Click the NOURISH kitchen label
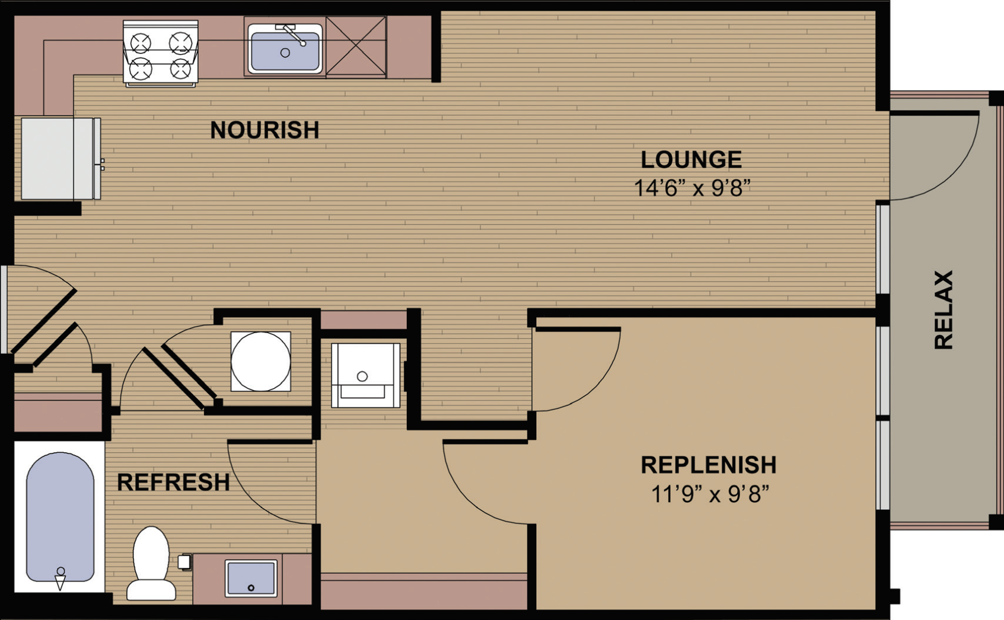pyautogui.click(x=264, y=130)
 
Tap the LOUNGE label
pyautogui.click(x=691, y=159)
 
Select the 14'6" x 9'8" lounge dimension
pyautogui.click(x=692, y=188)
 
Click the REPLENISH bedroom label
pyautogui.click(x=709, y=465)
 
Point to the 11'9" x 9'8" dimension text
pyautogui.click(x=709, y=494)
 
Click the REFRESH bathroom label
pyautogui.click(x=173, y=482)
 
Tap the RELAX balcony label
pyautogui.click(x=944, y=309)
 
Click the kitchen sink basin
pyautogui.click(x=285, y=49)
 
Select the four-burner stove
pyautogui.click(x=161, y=53)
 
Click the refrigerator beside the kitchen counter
pyautogui.click(x=61, y=159)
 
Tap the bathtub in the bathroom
pyautogui.click(x=60, y=516)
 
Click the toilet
pyautogui.click(x=151, y=564)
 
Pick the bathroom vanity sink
pyautogui.click(x=251, y=579)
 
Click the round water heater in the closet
pyautogui.click(x=260, y=362)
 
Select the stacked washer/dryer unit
pyautogui.click(x=365, y=375)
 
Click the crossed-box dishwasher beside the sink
pyautogui.click(x=356, y=47)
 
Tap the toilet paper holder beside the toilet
pyautogui.click(x=184, y=562)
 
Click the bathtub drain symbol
pyautogui.click(x=60, y=579)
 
